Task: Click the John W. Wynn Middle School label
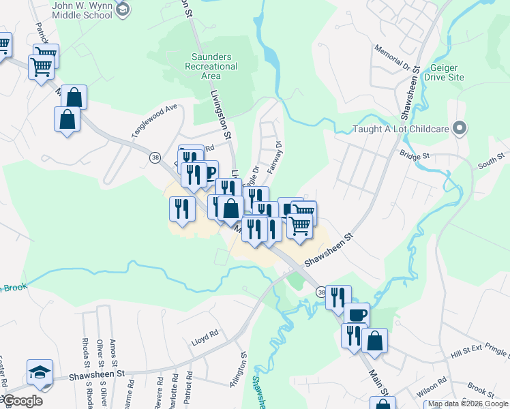82,10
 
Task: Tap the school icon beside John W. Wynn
122,9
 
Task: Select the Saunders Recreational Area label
211,67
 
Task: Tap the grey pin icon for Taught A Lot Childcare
460,128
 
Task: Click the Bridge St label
415,155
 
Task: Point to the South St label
490,163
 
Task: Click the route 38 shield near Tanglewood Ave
155,157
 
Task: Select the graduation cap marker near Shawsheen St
39,373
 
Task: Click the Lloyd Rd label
205,334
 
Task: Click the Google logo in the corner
22,401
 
